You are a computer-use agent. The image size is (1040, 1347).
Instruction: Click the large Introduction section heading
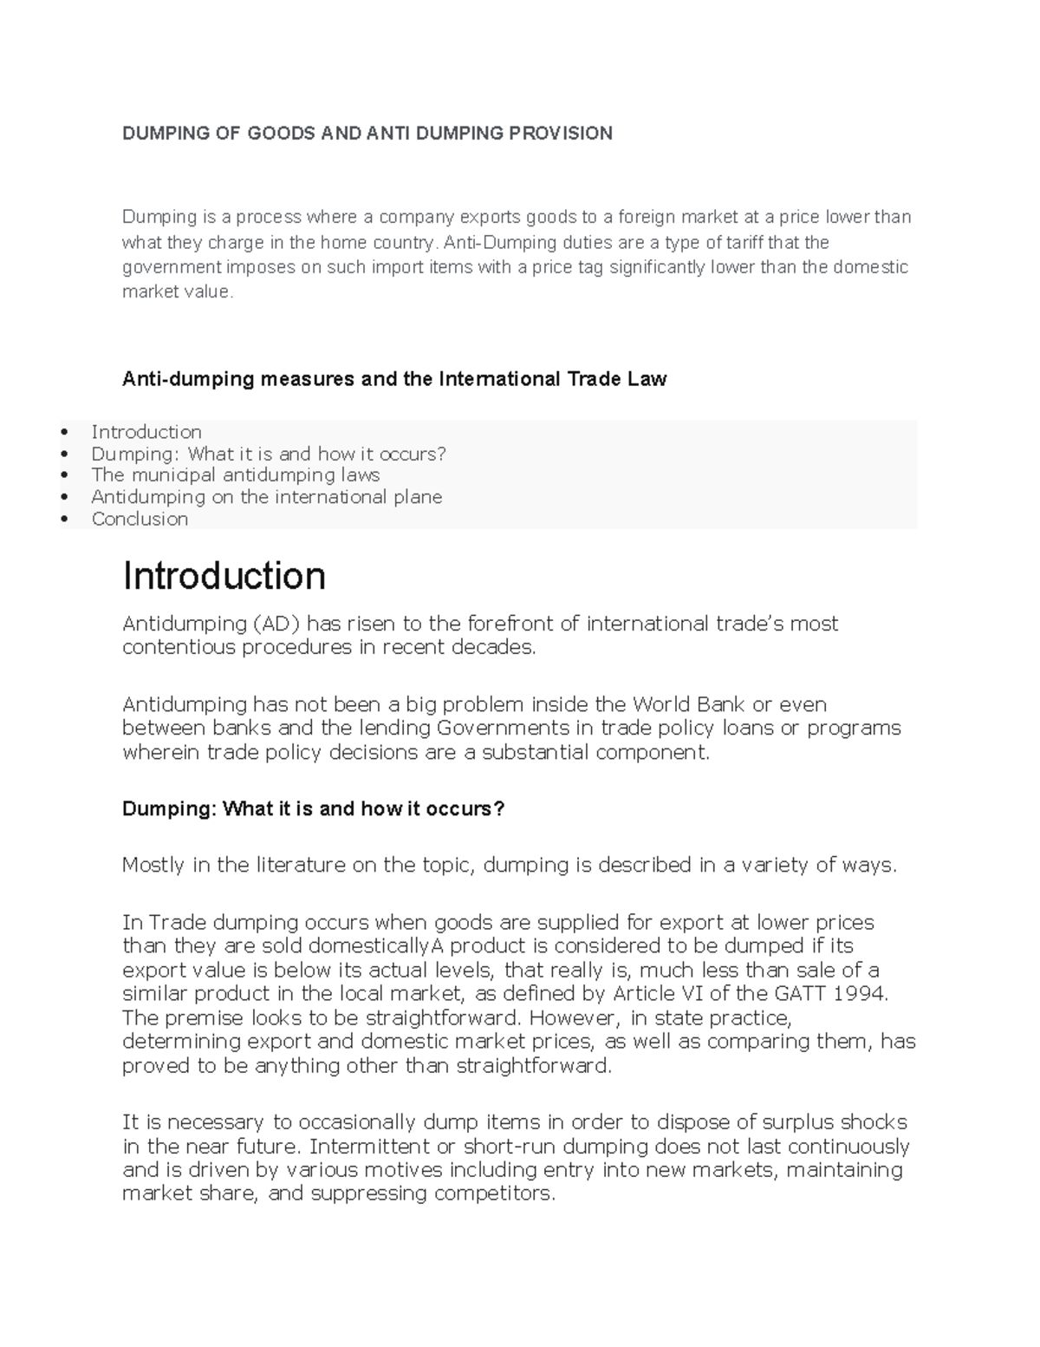click(x=224, y=576)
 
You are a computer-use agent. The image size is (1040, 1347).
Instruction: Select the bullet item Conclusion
click(x=140, y=519)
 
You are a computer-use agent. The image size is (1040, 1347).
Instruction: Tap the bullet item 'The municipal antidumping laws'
click(x=235, y=474)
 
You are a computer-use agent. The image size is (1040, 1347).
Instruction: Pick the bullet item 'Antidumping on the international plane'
click(x=266, y=497)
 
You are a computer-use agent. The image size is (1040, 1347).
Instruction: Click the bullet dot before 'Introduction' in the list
click(x=63, y=432)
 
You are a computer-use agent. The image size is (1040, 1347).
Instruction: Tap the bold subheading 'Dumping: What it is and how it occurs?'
click(x=313, y=808)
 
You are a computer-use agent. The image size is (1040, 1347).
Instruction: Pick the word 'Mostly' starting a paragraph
click(x=153, y=865)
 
